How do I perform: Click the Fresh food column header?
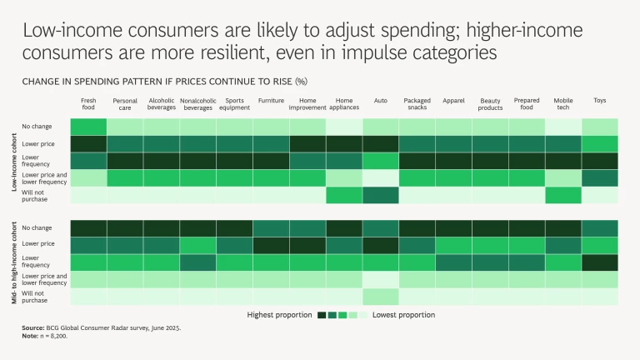(88, 104)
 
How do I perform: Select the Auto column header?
(381, 101)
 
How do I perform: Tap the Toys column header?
(600, 101)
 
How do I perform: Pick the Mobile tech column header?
(563, 104)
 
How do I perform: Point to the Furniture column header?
(271, 101)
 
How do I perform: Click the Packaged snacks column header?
(417, 104)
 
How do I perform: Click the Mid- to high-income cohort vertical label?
(15, 261)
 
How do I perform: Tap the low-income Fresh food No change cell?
(88, 127)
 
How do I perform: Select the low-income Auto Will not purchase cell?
(381, 195)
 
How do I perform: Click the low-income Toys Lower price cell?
(600, 143)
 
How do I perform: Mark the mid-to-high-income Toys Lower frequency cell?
(600, 262)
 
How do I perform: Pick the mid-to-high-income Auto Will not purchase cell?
(381, 297)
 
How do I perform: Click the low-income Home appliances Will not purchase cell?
(344, 195)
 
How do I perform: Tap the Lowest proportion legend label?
(402, 315)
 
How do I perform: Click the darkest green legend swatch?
(322, 315)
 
